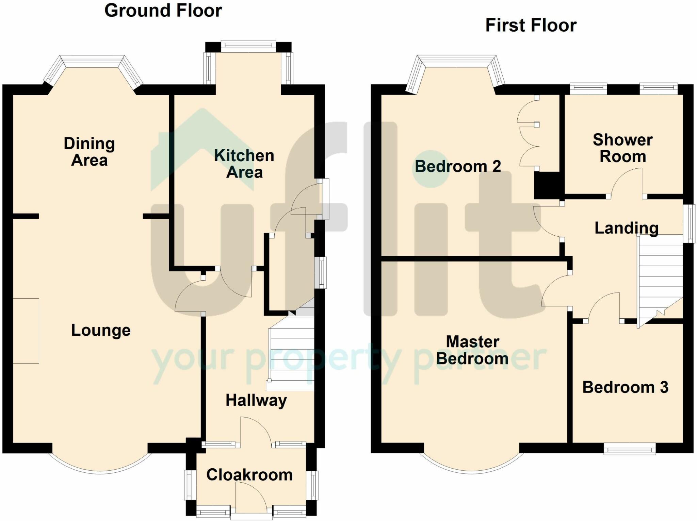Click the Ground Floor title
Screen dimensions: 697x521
point(163,11)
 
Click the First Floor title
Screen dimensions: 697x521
point(531,26)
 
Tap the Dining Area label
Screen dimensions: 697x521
point(90,152)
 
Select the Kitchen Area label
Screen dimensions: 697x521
point(244,164)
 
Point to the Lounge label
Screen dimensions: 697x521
point(101,330)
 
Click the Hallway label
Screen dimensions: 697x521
point(256,400)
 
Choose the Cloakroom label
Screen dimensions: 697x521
point(249,475)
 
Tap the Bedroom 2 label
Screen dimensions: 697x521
point(458,166)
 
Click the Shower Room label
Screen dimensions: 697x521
point(623,148)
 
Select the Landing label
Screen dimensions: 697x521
point(627,228)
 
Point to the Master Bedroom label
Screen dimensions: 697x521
point(472,350)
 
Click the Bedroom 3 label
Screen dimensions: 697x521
point(626,387)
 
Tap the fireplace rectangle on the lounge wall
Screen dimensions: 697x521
point(26,331)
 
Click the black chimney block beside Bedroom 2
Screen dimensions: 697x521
point(547,185)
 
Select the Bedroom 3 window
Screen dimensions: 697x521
point(630,449)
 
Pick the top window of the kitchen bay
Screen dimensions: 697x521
point(248,47)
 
